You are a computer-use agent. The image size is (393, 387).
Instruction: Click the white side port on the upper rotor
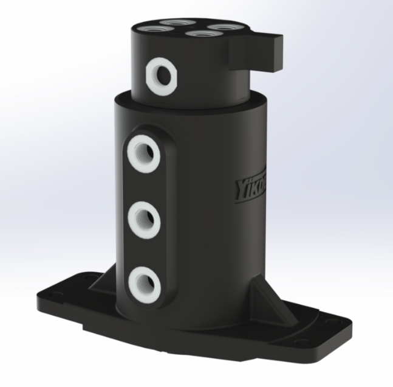161,74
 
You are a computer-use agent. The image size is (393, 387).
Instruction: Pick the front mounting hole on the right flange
302,342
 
